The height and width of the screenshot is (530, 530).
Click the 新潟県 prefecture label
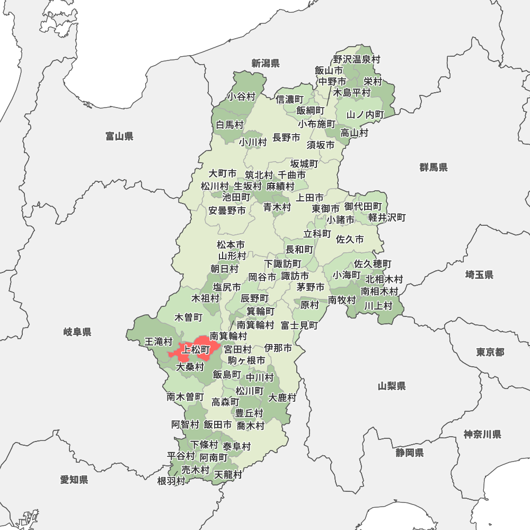(265, 64)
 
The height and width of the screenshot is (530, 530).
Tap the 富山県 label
(119, 137)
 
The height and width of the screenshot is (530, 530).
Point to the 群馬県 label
(434, 167)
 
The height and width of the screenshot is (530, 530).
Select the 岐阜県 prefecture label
(77, 332)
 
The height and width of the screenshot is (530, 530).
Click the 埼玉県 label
(479, 275)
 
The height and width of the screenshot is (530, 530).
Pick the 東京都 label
(490, 352)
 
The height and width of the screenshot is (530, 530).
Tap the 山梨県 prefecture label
(392, 386)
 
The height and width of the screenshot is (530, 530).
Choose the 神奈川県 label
(482, 435)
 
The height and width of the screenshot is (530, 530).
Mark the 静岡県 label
(409, 453)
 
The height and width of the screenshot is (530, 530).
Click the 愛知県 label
(74, 480)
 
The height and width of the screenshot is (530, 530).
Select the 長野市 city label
(286, 138)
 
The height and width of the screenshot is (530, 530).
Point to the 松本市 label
(231, 245)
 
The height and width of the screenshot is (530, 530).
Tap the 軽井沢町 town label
(387, 217)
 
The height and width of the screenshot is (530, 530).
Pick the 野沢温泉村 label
(357, 60)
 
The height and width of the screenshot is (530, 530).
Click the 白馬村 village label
(230, 125)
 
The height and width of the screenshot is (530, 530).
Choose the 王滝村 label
(159, 342)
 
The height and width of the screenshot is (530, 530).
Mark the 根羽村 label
(171, 481)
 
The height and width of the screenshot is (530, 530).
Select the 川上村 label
(378, 305)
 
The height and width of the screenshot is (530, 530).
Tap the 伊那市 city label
(278, 348)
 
